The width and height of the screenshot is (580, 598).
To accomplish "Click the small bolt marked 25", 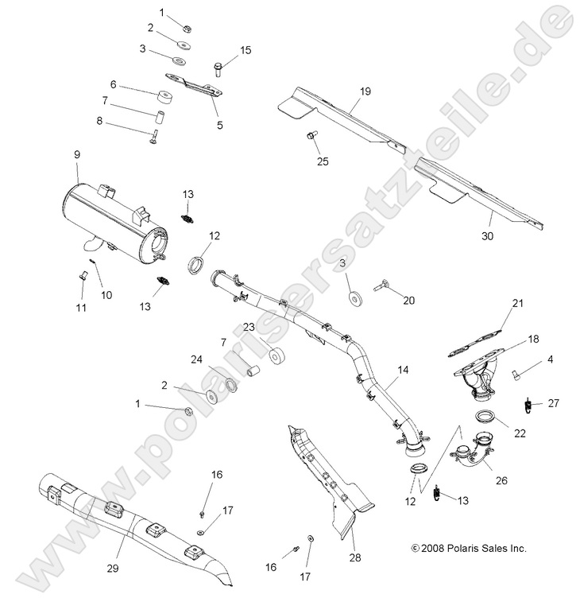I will [311, 137].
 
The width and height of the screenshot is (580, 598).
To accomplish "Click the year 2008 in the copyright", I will [434, 548].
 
